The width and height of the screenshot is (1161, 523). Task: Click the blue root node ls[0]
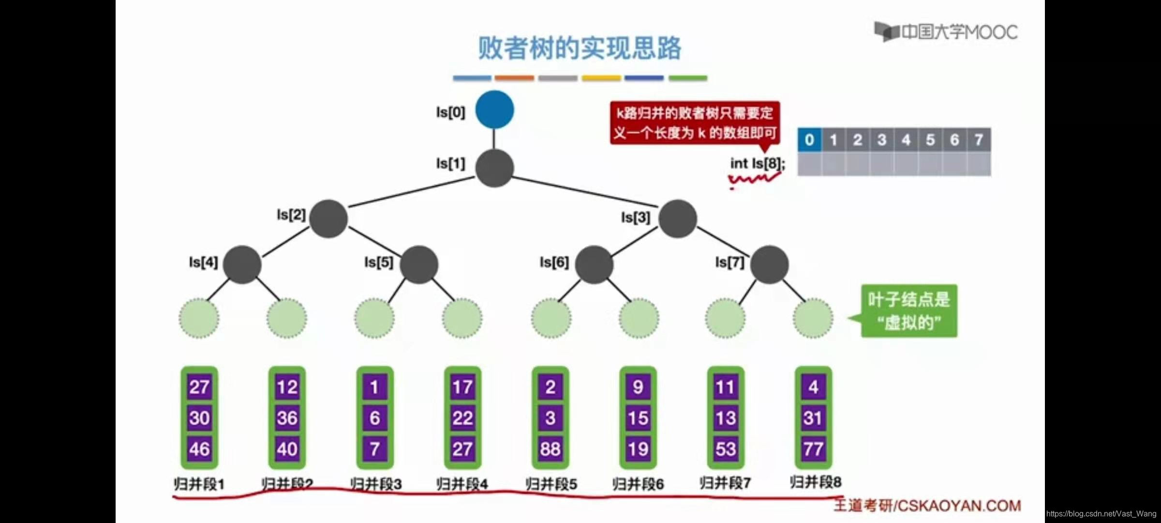click(494, 109)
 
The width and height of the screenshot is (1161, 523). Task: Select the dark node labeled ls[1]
click(494, 168)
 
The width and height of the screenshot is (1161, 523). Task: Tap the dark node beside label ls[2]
click(328, 218)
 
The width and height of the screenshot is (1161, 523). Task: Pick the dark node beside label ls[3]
click(678, 218)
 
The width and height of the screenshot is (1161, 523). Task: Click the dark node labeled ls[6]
click(594, 264)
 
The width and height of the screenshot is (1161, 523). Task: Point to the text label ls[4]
click(203, 262)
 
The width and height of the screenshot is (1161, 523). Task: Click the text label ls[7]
click(729, 262)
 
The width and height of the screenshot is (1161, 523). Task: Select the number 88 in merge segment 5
click(551, 449)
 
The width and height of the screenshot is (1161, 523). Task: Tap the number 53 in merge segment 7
click(726, 449)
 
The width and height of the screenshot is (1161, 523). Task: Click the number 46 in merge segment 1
click(199, 449)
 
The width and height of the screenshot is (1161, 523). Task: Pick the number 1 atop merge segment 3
click(374, 387)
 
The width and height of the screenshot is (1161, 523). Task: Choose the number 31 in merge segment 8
click(813, 418)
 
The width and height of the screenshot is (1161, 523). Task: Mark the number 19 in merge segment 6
click(638, 449)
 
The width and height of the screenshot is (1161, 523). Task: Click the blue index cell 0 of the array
click(809, 140)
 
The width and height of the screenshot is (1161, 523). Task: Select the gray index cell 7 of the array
click(979, 140)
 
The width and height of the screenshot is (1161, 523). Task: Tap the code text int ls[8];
click(758, 164)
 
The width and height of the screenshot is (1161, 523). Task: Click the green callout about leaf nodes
click(908, 311)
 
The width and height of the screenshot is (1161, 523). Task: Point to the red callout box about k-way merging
click(695, 123)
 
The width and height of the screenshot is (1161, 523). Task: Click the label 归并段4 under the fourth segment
click(462, 484)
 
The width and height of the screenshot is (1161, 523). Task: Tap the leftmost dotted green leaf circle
click(199, 318)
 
